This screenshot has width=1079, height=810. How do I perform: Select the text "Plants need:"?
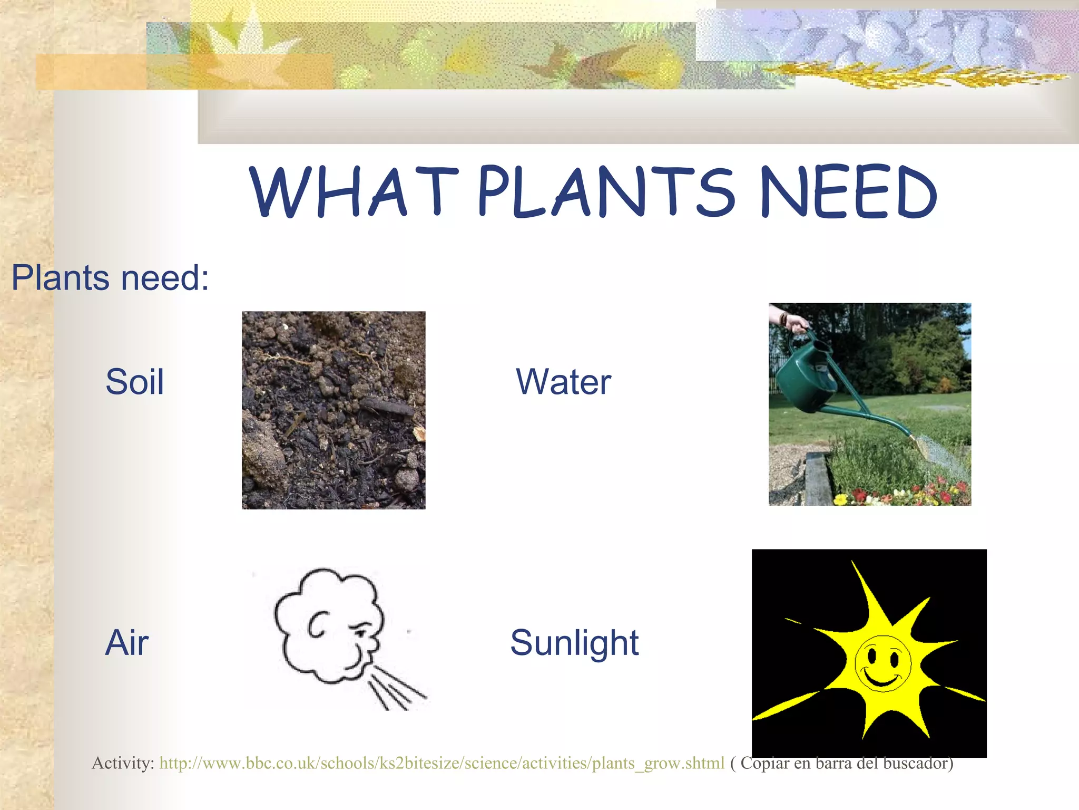click(x=111, y=278)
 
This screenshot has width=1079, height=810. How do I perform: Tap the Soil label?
click(x=135, y=382)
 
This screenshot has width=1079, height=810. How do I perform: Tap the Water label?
click(x=564, y=382)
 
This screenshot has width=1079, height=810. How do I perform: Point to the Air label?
click(x=127, y=642)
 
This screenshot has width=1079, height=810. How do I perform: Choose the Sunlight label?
click(x=574, y=642)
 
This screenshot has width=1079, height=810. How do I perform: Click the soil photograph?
click(x=333, y=410)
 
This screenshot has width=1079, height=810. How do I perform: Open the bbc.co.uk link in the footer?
click(x=442, y=763)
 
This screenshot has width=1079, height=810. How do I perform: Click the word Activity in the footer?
click(x=122, y=763)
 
